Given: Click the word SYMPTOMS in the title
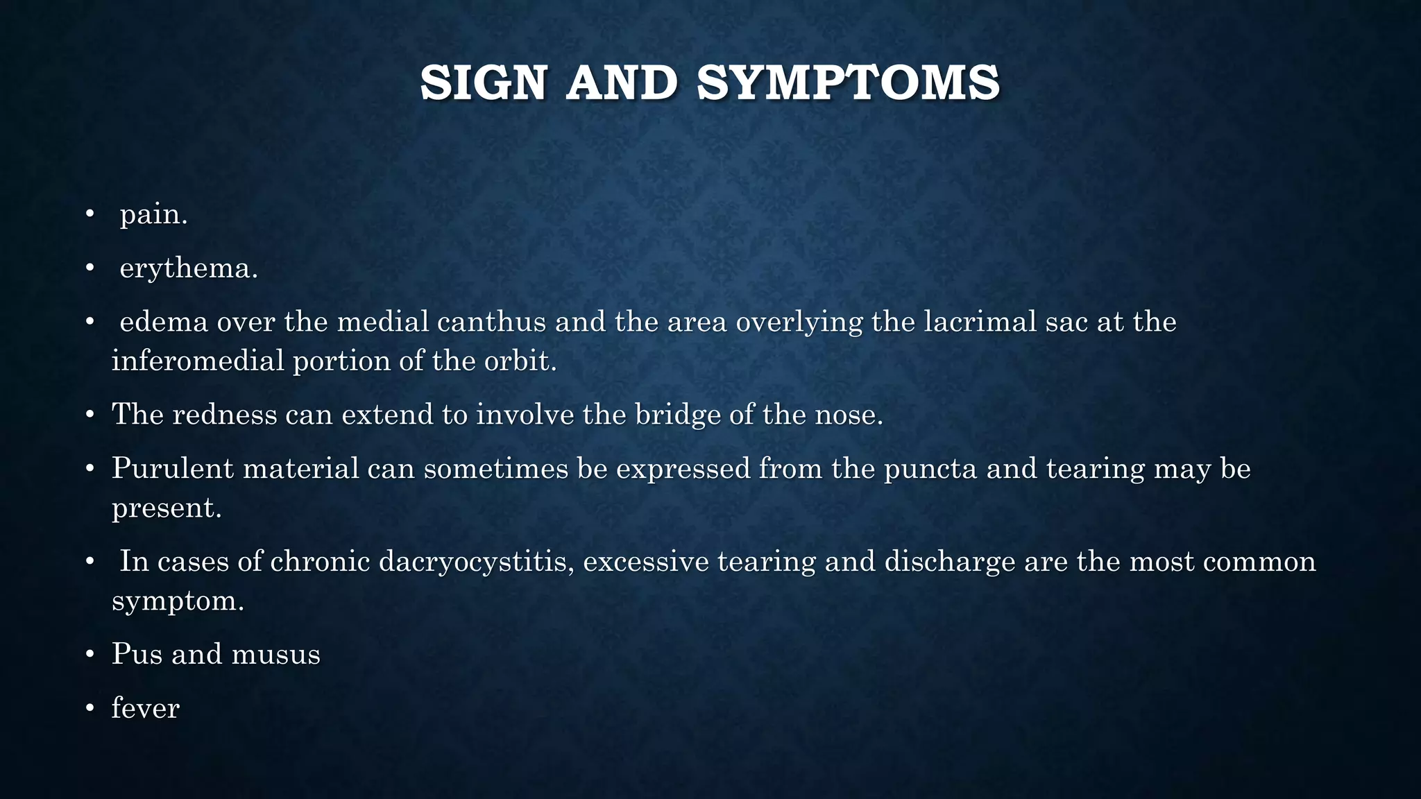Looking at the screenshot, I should pyautogui.click(x=848, y=83).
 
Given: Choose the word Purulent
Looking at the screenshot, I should pyautogui.click(x=173, y=469).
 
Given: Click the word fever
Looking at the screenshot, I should pyautogui.click(x=145, y=709).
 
